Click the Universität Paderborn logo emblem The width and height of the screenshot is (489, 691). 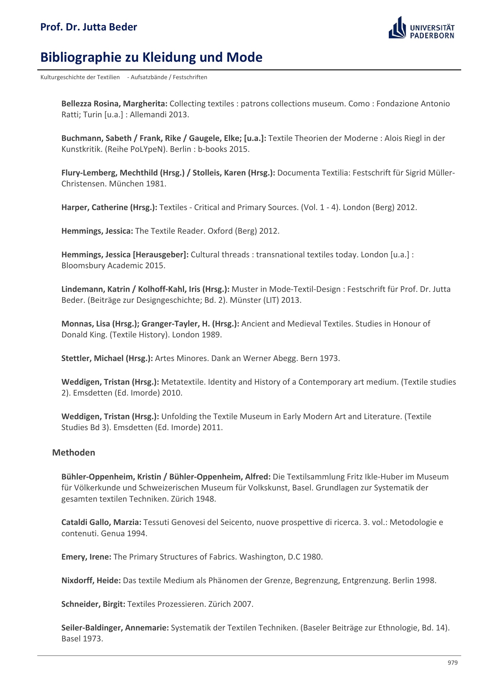[x=397, y=28]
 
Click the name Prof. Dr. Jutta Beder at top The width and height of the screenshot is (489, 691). [x=88, y=27]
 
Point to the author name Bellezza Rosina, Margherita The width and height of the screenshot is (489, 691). [x=114, y=103]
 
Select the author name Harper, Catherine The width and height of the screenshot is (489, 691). [x=95, y=207]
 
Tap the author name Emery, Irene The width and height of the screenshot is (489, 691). [x=86, y=557]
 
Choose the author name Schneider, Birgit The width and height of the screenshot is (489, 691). [x=93, y=604]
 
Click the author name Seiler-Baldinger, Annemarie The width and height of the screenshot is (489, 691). [x=115, y=627]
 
